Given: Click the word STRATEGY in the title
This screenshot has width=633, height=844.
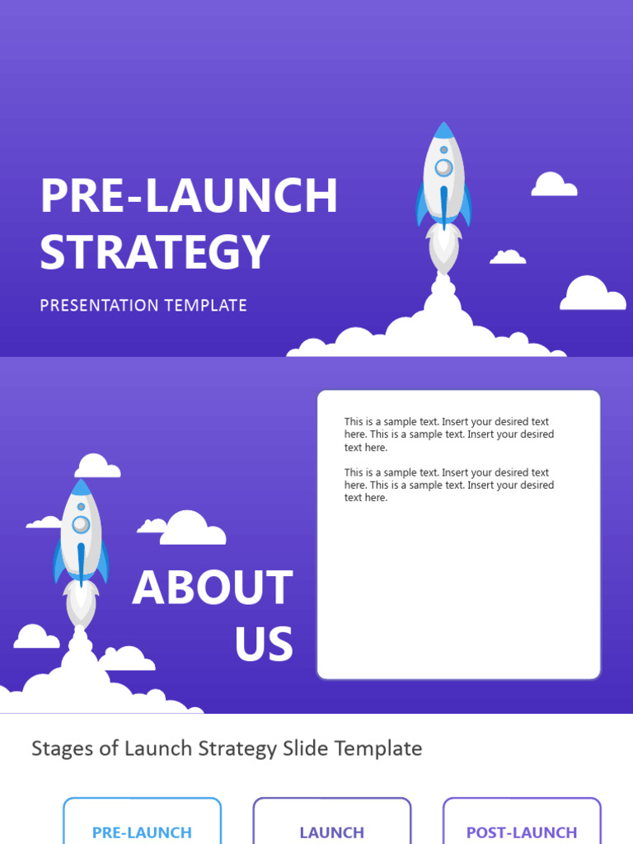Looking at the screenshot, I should (x=155, y=251).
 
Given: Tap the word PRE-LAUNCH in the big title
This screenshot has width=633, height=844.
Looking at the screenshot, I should (x=189, y=196).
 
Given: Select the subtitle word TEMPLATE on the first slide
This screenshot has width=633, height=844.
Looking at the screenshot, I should (x=205, y=305).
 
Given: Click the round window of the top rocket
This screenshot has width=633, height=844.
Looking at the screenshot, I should (x=443, y=167).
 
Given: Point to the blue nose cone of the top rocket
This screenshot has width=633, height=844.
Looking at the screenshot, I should (x=443, y=130).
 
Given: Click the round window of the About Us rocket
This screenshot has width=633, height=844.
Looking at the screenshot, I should (x=81, y=524).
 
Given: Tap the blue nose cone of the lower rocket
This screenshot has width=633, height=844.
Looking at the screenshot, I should (x=81, y=487).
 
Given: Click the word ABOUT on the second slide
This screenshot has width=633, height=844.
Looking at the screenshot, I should (x=213, y=588).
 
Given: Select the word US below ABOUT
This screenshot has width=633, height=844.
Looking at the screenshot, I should (x=264, y=645).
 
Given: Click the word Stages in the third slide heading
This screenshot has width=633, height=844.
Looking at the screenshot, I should (x=60, y=748).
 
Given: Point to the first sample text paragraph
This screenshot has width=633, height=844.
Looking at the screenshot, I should (x=448, y=434).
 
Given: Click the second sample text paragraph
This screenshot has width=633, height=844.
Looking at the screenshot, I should (x=448, y=485).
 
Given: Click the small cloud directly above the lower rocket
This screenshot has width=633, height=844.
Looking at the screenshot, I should (x=97, y=467).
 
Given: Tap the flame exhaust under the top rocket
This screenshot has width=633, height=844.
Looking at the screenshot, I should (x=443, y=247).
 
